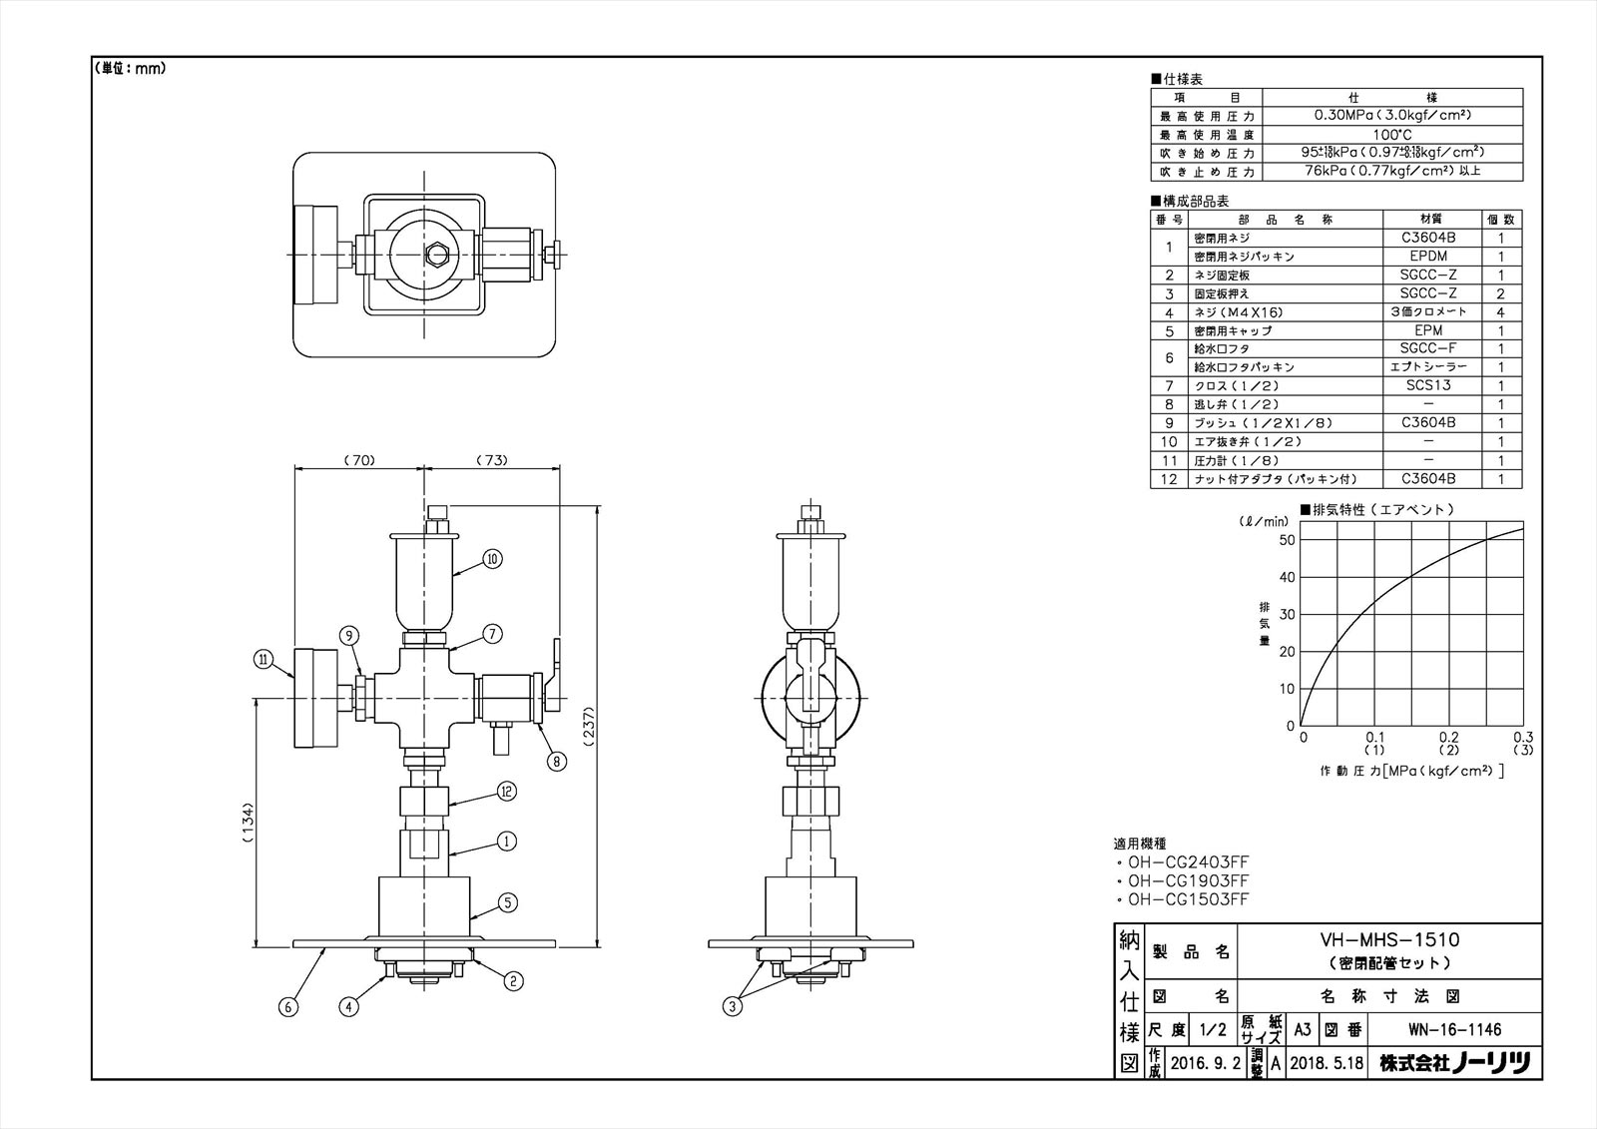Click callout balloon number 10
click(x=492, y=559)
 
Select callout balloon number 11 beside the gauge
click(x=263, y=659)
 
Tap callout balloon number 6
click(x=287, y=1007)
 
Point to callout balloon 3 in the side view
click(x=734, y=1007)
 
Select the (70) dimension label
click(x=358, y=460)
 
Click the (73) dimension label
click(x=491, y=460)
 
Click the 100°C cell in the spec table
click(x=1391, y=134)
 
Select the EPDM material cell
click(x=1427, y=257)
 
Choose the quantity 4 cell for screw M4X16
click(x=1500, y=312)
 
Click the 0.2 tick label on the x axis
click(x=1449, y=737)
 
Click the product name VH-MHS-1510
click(x=1390, y=940)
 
